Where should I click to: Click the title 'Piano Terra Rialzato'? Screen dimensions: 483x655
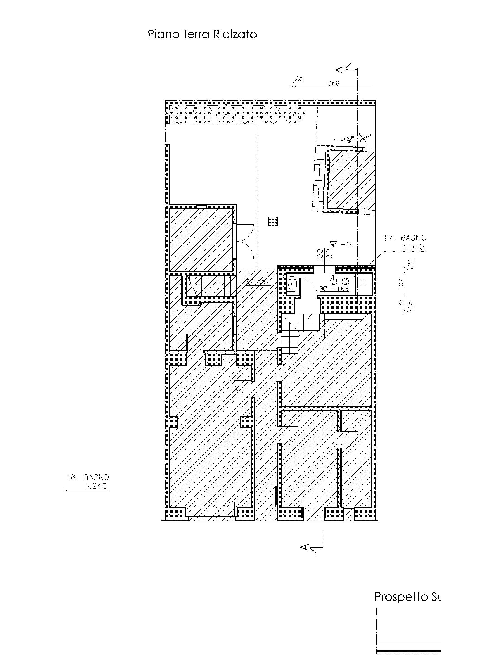tap(202, 34)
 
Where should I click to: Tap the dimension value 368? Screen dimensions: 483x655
tap(333, 83)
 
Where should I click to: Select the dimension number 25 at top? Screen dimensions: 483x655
tap(299, 78)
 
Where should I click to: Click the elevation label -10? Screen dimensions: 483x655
tap(347, 244)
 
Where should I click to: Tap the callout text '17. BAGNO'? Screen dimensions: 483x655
tap(405, 238)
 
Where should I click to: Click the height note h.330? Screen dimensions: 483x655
tap(413, 247)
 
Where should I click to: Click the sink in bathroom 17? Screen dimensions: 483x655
tap(292, 283)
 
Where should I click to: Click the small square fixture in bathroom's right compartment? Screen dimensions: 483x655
tap(364, 282)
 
